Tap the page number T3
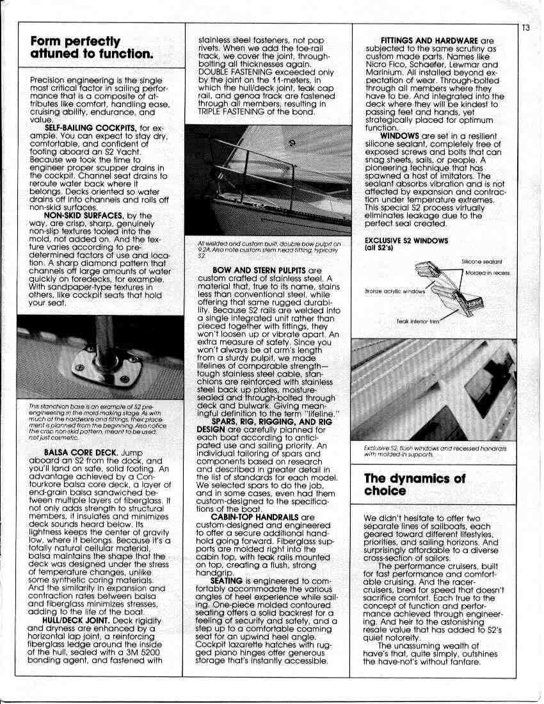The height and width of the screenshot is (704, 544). point(525,28)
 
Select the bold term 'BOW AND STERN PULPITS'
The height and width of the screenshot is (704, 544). point(252,271)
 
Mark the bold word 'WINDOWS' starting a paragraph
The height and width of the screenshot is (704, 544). point(399,136)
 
